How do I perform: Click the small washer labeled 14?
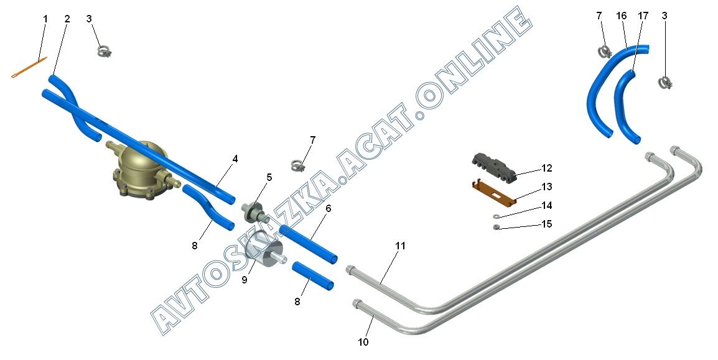pos(496,216)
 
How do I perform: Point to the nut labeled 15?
pos(496,227)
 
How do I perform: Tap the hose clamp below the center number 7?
pos(299,165)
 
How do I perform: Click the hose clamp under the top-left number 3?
pos(105,50)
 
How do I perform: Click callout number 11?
pos(399,246)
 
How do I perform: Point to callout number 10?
pos(363,342)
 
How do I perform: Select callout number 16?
pos(620,16)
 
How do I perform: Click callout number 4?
pos(235,159)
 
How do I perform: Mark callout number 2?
pos(67,19)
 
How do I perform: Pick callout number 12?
pos(546,168)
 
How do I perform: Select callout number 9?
pos(245,280)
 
